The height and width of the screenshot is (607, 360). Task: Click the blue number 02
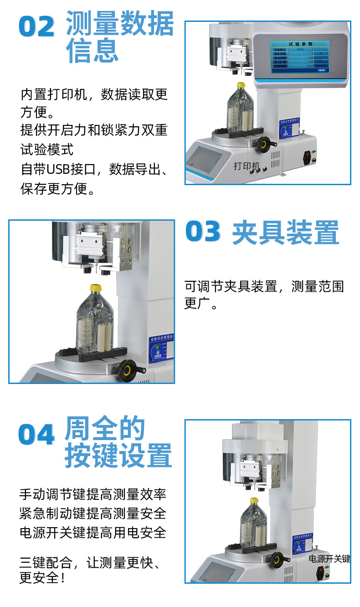(x=36, y=27)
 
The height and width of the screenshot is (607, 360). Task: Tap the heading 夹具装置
(x=286, y=233)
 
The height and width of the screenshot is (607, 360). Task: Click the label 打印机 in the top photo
(x=246, y=166)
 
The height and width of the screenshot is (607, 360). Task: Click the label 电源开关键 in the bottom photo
(x=329, y=559)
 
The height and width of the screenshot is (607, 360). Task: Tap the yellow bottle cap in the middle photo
(x=95, y=288)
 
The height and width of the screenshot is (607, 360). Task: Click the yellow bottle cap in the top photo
(x=241, y=85)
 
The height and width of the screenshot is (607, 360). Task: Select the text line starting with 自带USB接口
(x=94, y=169)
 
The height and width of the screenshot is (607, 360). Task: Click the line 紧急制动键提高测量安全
(x=93, y=513)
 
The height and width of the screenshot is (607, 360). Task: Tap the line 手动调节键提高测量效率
(x=93, y=494)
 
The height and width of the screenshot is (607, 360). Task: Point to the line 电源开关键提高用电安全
(x=93, y=532)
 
